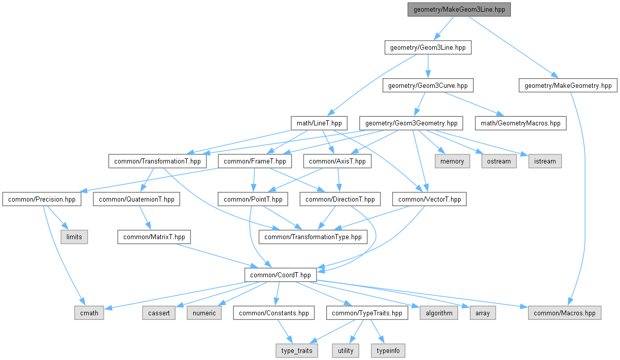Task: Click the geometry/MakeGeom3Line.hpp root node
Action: point(459,10)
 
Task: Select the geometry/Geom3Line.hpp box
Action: point(428,48)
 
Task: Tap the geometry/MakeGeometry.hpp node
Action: point(568,85)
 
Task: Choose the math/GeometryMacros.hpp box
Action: point(520,123)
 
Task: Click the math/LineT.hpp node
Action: point(319,123)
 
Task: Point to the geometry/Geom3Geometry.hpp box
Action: point(411,123)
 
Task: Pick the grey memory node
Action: point(452,161)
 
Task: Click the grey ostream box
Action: point(499,161)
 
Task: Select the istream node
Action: point(545,161)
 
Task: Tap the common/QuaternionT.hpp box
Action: point(136,199)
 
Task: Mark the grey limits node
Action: point(74,237)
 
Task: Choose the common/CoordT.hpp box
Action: point(281,275)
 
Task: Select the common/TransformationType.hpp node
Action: point(313,237)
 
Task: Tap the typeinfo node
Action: point(388,350)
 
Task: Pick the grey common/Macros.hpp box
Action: point(564,313)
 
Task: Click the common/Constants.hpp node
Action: point(273,313)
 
